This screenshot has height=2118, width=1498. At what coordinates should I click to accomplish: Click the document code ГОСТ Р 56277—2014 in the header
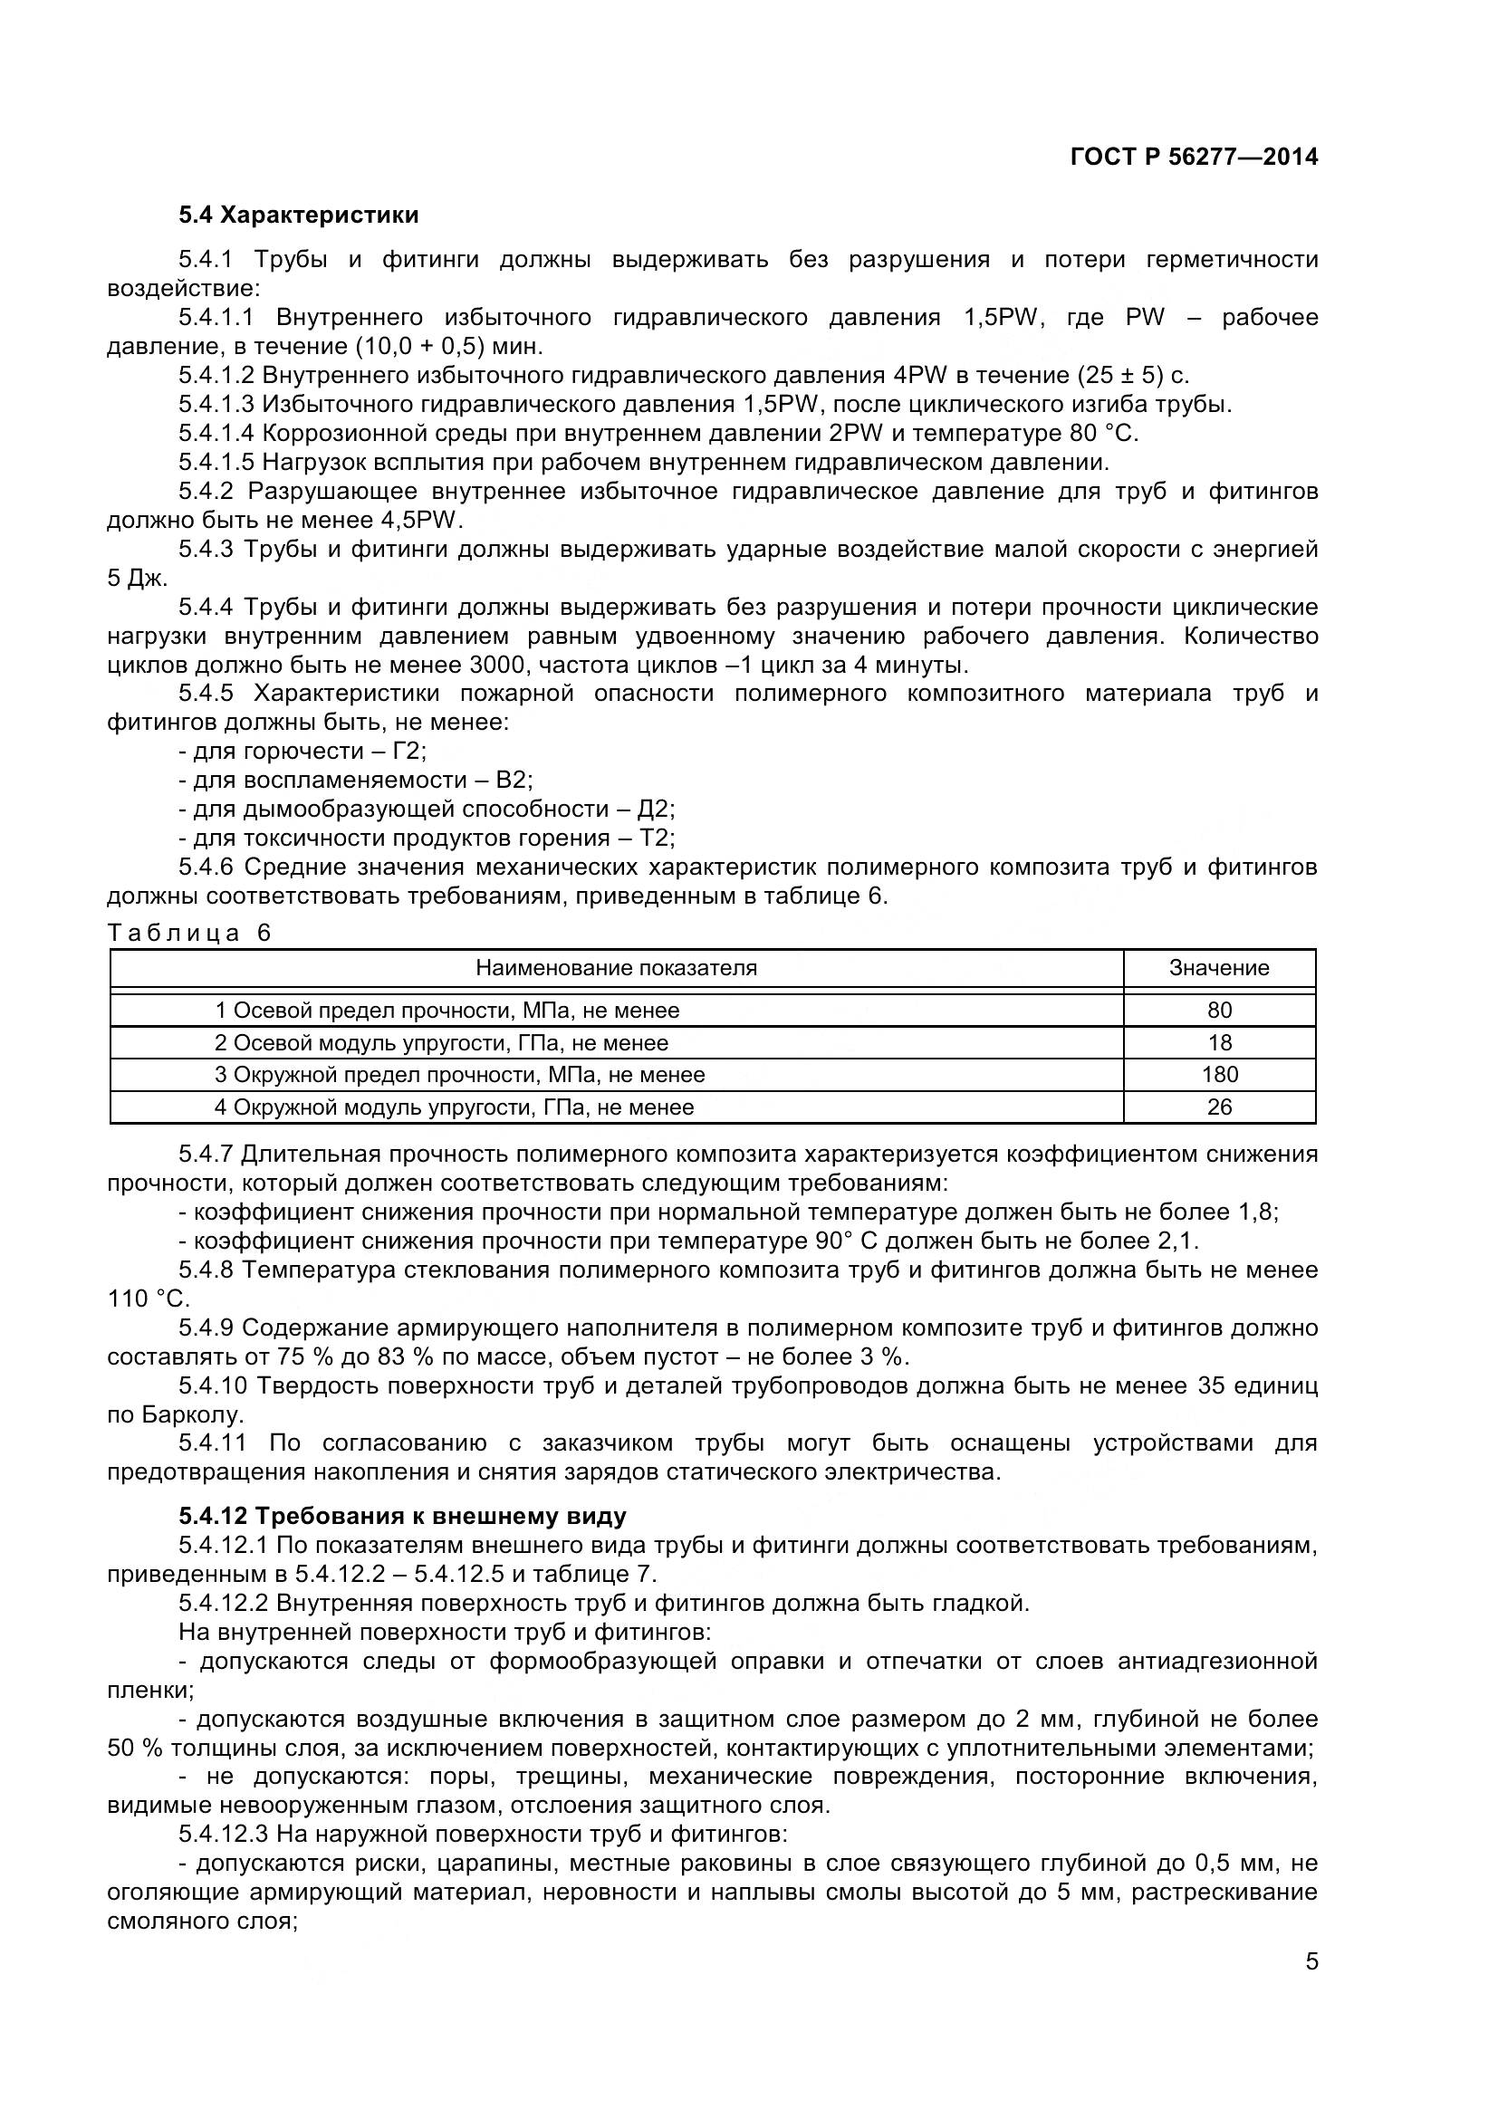click(1194, 157)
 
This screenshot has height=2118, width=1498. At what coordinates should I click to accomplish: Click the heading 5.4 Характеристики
click(299, 215)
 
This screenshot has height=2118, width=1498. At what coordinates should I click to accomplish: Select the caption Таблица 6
click(190, 933)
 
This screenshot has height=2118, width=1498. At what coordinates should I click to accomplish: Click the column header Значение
click(1218, 968)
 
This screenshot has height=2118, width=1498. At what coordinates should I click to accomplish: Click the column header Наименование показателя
click(616, 968)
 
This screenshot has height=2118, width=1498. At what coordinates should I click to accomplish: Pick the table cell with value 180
click(1218, 1075)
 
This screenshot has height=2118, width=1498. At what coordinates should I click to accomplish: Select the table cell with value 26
click(1218, 1107)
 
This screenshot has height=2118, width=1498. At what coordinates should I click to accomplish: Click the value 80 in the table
click(1218, 1011)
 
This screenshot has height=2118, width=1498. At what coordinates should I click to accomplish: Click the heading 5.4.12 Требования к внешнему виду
click(402, 1517)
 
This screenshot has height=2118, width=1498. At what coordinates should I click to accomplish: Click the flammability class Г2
click(408, 752)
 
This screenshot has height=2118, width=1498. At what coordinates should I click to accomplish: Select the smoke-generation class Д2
click(655, 810)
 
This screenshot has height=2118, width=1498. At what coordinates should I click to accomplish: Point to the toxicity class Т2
click(658, 839)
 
